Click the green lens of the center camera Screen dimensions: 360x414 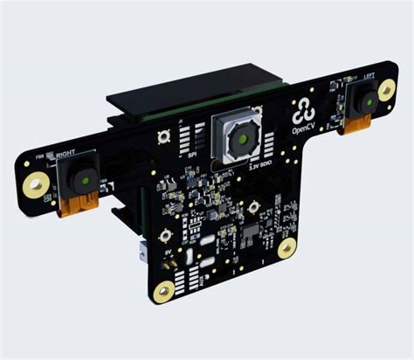point(238,138)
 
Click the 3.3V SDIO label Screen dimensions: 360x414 point(261,163)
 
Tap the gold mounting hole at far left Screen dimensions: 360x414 point(36,183)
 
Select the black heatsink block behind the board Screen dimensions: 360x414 point(175,100)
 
